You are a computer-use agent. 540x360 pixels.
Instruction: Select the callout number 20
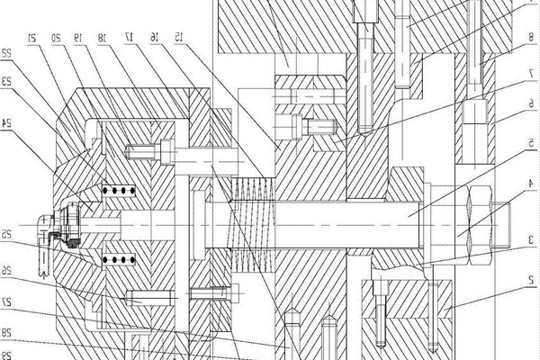pos(56,38)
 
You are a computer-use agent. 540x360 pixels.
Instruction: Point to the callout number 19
pos(80,38)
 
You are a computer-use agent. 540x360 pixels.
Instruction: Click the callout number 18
pos(104,38)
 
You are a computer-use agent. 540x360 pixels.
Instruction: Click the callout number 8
pos(531,37)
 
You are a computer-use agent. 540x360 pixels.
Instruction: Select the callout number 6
pos(531,103)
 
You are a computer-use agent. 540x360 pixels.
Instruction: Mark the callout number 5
pos(531,143)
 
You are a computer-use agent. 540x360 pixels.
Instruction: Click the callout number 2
pos(531,280)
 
